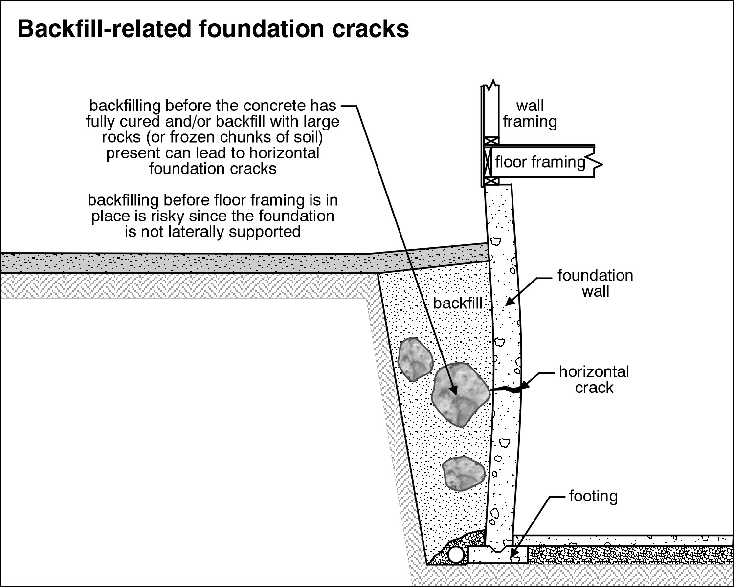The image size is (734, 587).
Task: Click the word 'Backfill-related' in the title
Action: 103,29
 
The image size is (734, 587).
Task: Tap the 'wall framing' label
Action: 530,113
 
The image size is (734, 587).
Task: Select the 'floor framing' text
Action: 540,162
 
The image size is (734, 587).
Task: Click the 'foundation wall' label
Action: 595,283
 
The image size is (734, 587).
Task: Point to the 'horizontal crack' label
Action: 594,379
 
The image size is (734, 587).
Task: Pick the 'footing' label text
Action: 593,496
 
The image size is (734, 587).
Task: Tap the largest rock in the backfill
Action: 460,393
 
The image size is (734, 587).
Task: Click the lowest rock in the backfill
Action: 463,473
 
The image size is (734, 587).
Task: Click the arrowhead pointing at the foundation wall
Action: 508,303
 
